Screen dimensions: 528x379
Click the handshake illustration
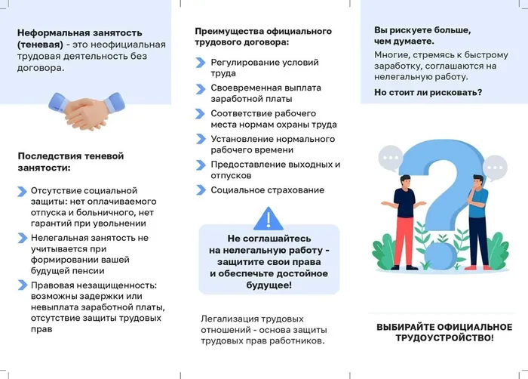pyautogui.click(x=87, y=111)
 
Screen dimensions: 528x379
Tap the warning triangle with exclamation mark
pyautogui.click(x=268, y=219)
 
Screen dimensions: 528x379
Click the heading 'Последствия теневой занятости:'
pyautogui.click(x=71, y=162)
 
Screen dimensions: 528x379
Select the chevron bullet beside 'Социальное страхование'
pyautogui.click(x=201, y=190)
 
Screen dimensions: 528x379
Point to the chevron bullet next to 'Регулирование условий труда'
pyautogui.click(x=201, y=63)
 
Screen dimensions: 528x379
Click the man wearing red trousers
pyautogui.click(x=404, y=223)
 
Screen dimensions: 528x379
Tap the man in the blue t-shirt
pyautogui.click(x=477, y=223)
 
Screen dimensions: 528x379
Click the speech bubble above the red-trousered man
pyautogui.click(x=391, y=158)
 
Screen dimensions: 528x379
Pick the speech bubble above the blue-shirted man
pyautogui.click(x=495, y=168)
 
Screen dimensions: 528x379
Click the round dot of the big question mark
pyautogui.click(x=441, y=257)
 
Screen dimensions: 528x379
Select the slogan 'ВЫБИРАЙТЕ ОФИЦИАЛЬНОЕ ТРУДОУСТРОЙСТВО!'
pyautogui.click(x=444, y=332)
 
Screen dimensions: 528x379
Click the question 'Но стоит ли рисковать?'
pyautogui.click(x=428, y=92)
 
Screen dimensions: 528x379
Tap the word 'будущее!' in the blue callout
pyautogui.click(x=269, y=285)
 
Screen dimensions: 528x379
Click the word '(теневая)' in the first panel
pyautogui.click(x=40, y=45)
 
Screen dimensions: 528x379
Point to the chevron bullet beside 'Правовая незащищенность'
pyautogui.click(x=23, y=285)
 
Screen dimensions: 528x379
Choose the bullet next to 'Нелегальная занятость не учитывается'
pyautogui.click(x=23, y=238)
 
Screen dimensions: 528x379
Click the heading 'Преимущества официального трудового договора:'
pyautogui.click(x=263, y=37)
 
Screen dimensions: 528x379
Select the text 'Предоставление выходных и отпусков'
pyautogui.click(x=275, y=170)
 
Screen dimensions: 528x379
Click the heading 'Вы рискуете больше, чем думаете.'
pyautogui.click(x=422, y=35)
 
